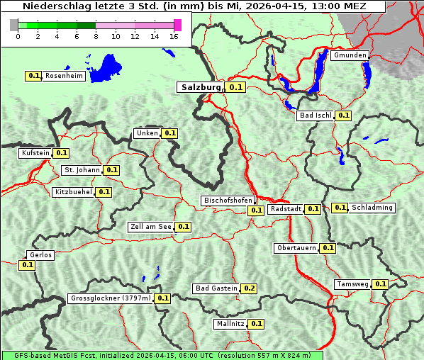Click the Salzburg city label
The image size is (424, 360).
(199, 87)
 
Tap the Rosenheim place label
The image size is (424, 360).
(64, 75)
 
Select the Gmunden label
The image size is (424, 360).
(350, 55)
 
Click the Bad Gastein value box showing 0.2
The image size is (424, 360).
(249, 288)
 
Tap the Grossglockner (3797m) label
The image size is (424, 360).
(111, 298)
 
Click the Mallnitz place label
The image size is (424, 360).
(230, 324)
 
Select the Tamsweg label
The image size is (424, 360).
(352, 284)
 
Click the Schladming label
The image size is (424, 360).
(372, 208)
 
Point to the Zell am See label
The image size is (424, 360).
(150, 227)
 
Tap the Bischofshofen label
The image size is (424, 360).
(228, 201)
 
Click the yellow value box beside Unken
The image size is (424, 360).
(169, 133)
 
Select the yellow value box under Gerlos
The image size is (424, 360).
(27, 265)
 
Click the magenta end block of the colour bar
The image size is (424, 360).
(177, 25)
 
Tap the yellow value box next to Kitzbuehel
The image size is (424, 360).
(104, 192)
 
